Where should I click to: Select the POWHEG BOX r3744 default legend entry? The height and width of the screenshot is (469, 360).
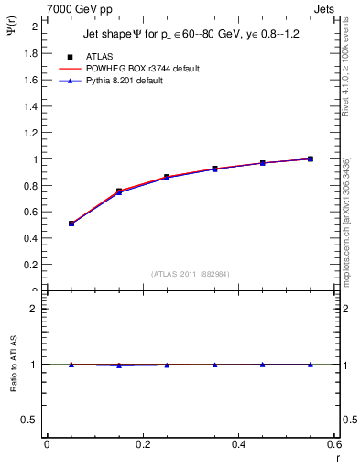click(141, 69)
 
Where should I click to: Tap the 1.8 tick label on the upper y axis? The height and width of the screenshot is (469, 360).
click(31, 53)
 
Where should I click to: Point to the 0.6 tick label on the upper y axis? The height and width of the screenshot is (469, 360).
click(31, 212)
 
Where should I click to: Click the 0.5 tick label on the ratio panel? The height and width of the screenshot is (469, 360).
click(31, 420)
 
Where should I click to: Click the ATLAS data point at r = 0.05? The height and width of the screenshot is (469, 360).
click(71, 223)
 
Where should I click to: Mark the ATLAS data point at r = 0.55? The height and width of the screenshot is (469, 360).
click(311, 158)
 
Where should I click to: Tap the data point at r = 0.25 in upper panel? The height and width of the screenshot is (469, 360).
click(167, 177)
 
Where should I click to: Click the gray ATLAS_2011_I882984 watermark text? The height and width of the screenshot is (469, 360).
click(189, 274)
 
